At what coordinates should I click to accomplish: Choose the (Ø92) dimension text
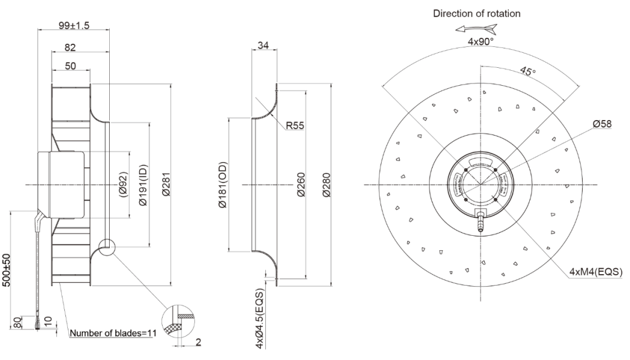point(122,185)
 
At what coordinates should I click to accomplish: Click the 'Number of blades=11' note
point(112,332)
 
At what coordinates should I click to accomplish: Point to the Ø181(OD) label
point(223,185)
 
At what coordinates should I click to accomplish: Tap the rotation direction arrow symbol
point(476,28)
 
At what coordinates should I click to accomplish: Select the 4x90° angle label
point(480,42)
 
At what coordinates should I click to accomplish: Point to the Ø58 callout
point(602,124)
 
